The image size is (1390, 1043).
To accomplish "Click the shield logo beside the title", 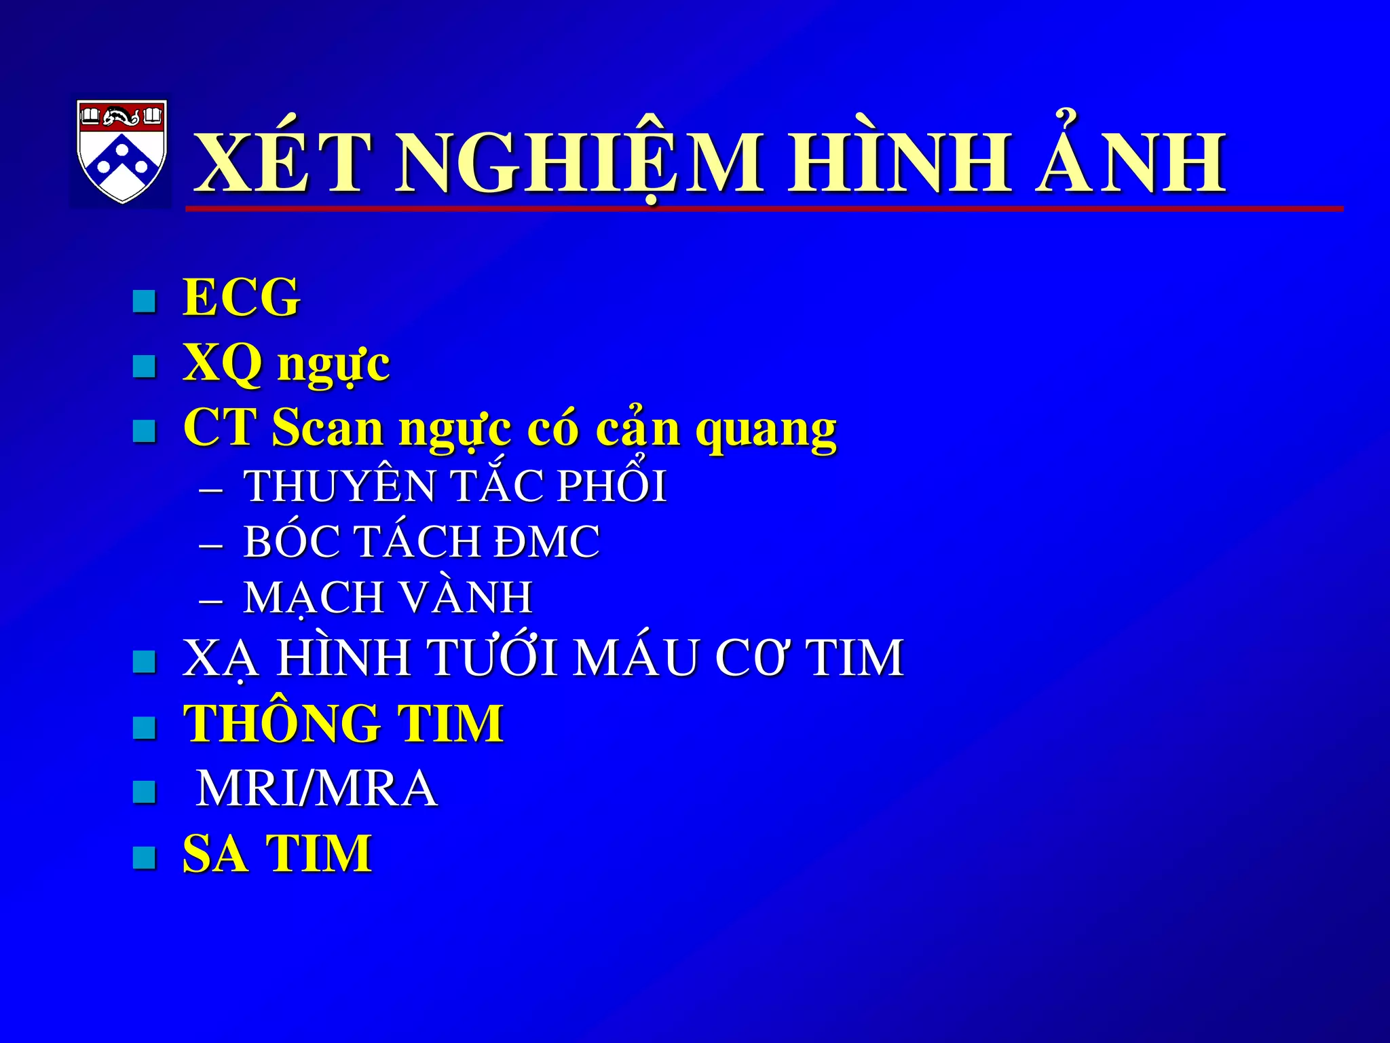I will pos(121,151).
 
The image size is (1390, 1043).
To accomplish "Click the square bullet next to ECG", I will pos(144,301).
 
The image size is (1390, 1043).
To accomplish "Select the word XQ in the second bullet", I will pos(222,363).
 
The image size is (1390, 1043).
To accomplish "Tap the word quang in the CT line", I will pos(766,429).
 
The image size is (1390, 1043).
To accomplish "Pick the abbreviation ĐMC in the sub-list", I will pos(546,542).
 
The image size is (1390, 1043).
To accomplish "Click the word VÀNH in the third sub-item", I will pos(467,598).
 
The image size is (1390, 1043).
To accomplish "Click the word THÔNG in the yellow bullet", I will pos(282,723).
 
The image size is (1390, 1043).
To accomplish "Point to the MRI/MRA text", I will pos(316,788).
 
